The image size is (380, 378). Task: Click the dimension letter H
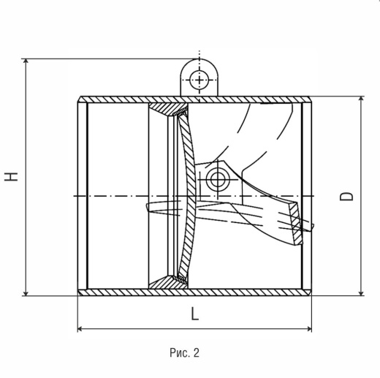(11, 177)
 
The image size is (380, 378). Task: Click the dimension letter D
(346, 196)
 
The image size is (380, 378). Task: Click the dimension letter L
(194, 314)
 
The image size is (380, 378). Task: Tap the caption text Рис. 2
(184, 352)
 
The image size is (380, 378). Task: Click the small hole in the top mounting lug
(199, 80)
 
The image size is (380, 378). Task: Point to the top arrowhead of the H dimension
(26, 61)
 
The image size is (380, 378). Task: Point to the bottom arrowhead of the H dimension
(26, 293)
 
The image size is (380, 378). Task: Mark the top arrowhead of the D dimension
(362, 99)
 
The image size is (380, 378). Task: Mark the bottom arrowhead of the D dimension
(362, 293)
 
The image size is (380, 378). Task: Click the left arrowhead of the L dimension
(80, 329)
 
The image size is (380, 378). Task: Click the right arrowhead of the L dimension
(309, 329)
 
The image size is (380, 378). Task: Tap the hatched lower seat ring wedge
(168, 283)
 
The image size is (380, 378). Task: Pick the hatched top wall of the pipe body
(194, 99)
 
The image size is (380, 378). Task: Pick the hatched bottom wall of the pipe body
(194, 292)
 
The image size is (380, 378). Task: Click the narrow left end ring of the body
(83, 196)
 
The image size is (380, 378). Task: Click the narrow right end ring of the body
(306, 196)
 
